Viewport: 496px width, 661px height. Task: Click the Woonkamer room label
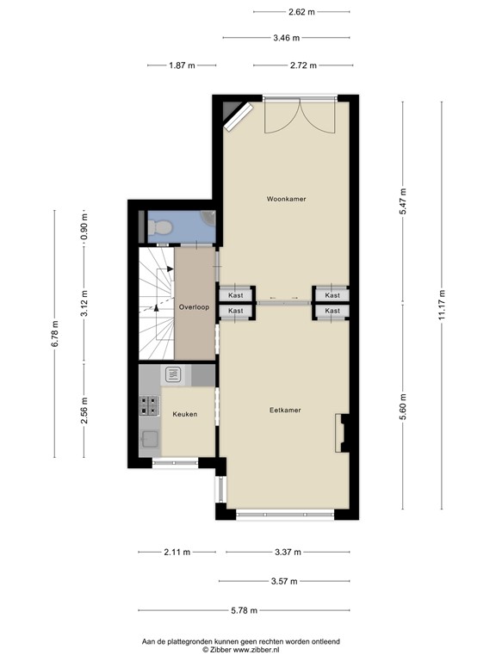tap(286, 199)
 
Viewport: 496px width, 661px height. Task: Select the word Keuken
tap(184, 414)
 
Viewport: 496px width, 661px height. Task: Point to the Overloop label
tap(194, 306)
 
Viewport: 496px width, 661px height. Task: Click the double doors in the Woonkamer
tap(295, 116)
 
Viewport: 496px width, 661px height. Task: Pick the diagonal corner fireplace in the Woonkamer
tap(238, 115)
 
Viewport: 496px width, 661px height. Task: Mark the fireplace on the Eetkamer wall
tap(343, 431)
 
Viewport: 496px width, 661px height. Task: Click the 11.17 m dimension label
tap(442, 306)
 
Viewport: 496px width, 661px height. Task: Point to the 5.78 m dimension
tap(244, 610)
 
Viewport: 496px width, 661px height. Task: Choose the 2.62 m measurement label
tap(301, 11)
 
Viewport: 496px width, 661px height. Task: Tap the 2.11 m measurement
tap(177, 553)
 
